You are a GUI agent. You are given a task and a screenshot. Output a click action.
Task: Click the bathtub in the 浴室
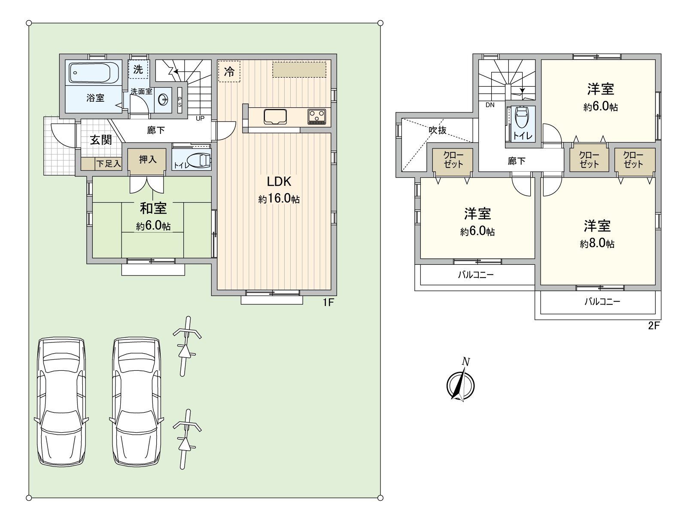click(94, 73)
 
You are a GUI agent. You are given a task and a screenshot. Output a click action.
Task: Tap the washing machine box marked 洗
click(138, 69)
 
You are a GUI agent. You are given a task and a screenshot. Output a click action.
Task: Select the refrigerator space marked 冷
click(229, 72)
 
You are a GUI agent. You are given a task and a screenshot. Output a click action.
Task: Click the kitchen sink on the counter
click(275, 117)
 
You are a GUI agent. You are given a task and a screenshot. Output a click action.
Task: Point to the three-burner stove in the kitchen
click(317, 117)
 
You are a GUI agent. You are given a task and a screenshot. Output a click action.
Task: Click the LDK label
click(279, 182)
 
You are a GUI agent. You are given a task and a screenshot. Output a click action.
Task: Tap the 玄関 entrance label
click(101, 140)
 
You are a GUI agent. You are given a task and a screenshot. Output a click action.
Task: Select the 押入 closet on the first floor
click(147, 160)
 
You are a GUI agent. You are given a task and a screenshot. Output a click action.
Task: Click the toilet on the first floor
click(201, 161)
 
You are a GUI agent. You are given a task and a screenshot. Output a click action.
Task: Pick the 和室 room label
click(153, 209)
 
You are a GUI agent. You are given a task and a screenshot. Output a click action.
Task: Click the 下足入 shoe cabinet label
click(108, 164)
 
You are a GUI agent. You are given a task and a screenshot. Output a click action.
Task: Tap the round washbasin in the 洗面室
click(164, 100)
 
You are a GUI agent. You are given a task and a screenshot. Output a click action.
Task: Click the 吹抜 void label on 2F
click(437, 130)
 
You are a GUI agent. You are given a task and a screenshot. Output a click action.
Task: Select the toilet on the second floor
click(521, 117)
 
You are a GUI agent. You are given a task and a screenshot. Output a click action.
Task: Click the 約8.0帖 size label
click(597, 244)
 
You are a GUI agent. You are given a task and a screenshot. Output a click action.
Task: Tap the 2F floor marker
click(654, 326)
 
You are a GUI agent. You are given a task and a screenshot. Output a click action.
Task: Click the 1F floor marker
click(328, 303)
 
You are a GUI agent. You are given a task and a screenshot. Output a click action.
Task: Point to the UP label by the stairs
click(200, 118)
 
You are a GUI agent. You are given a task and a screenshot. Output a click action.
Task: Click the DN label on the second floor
click(490, 105)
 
